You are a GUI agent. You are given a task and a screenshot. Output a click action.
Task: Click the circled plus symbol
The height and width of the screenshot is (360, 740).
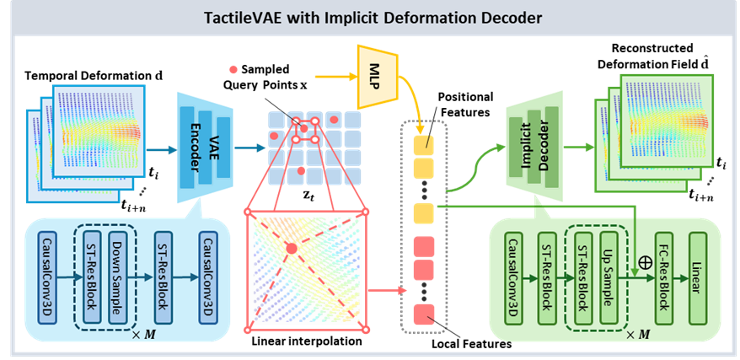coord(646,261)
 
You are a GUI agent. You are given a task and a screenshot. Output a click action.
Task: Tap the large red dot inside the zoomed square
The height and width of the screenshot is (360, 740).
coord(291,248)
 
